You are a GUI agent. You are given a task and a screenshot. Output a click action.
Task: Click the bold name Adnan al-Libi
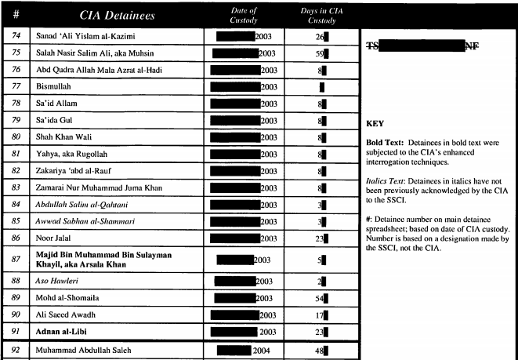[60, 332]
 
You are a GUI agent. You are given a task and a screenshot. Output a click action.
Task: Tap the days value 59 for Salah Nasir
[319, 54]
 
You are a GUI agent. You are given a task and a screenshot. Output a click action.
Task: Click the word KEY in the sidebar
[374, 124]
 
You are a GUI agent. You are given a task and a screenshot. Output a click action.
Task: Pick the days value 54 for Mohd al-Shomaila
[319, 298]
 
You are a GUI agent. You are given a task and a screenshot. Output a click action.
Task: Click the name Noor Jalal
[54, 237]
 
